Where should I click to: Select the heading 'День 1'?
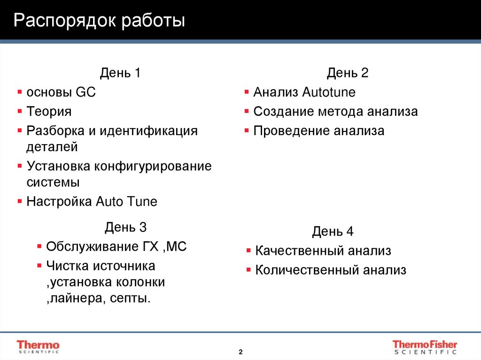120,73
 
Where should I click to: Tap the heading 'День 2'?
348,73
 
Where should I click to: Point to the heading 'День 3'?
125,228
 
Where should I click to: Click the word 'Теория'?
49,112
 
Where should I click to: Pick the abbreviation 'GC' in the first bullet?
85,92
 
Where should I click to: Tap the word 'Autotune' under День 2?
329,92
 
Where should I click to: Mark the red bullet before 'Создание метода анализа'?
247,112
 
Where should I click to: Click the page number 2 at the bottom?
240,352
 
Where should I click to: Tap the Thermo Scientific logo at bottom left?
38,346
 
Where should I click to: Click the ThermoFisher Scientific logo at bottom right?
425,346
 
